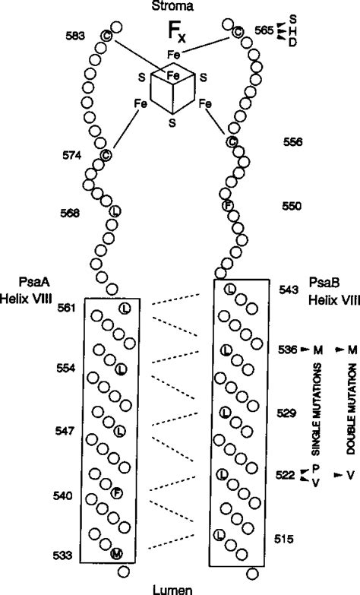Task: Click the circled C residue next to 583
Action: click(x=107, y=36)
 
